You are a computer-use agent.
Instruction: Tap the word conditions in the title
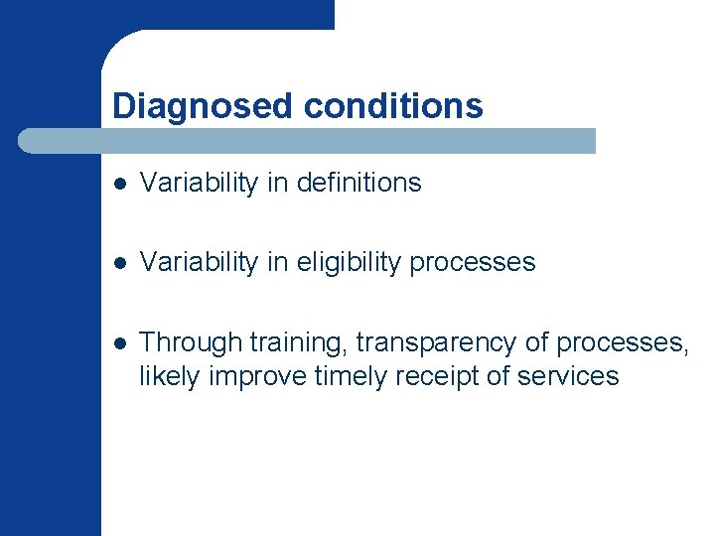(x=393, y=106)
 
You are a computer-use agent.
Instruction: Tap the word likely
(x=166, y=376)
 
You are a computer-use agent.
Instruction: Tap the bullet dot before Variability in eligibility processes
(x=119, y=264)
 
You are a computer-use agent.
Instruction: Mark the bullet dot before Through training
(x=119, y=343)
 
